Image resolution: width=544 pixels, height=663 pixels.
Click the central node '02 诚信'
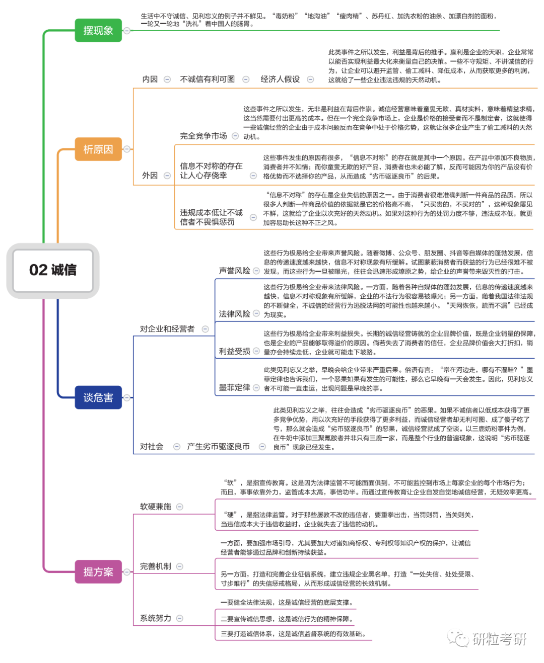click(53, 270)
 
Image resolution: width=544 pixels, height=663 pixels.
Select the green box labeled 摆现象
click(98, 30)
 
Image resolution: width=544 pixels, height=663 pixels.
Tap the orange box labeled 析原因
click(98, 149)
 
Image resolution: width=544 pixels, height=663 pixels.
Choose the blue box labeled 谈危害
click(98, 397)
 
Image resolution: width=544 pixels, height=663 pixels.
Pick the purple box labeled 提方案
click(98, 571)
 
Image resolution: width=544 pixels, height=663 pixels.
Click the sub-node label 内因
click(150, 79)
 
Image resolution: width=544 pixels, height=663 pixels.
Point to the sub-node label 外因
click(150, 175)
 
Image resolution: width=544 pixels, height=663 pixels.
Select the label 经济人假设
click(280, 79)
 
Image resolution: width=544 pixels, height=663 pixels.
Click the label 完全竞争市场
click(203, 136)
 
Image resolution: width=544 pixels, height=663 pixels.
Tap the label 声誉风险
click(234, 271)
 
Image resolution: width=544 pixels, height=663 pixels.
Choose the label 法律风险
click(234, 314)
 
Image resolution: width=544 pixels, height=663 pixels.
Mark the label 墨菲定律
click(234, 387)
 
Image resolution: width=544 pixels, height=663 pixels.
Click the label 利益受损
click(234, 351)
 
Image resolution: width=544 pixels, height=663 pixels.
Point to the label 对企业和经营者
click(167, 329)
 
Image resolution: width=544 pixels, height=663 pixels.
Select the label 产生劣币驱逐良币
click(218, 446)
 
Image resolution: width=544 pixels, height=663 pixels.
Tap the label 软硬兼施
click(156, 507)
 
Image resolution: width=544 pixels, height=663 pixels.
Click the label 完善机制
click(156, 566)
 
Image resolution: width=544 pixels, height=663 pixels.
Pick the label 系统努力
click(156, 618)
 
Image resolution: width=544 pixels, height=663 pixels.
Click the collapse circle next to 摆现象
click(127, 31)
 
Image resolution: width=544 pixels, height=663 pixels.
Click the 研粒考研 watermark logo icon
click(458, 638)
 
